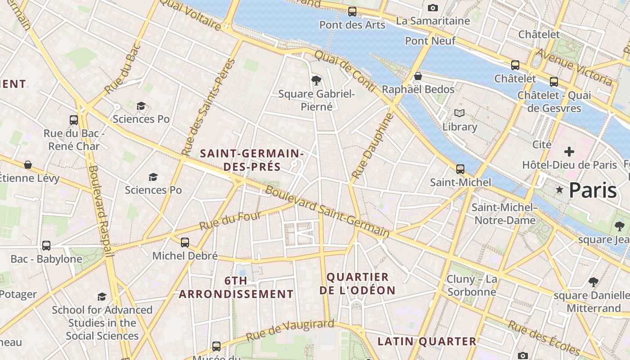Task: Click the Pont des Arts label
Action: click(x=352, y=25)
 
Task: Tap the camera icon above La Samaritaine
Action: click(x=433, y=8)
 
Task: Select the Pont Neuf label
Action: click(x=430, y=41)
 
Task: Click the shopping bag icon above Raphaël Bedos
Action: click(x=418, y=76)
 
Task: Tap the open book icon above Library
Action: click(x=459, y=113)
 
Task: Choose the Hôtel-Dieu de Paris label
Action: click(x=569, y=165)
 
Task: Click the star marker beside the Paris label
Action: click(x=559, y=190)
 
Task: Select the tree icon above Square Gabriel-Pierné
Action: click(x=316, y=81)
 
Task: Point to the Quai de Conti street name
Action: click(x=344, y=71)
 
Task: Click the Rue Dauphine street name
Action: click(x=372, y=146)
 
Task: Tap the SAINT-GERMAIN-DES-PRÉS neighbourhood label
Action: click(x=252, y=160)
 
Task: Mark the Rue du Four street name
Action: click(x=230, y=221)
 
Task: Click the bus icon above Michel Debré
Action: click(x=184, y=243)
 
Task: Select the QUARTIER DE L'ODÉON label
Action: click(x=357, y=283)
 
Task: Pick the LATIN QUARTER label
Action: click(x=427, y=342)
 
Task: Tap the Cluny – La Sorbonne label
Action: click(x=472, y=285)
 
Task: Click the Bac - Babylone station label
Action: click(x=46, y=259)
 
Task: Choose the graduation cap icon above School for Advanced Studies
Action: click(x=102, y=297)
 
